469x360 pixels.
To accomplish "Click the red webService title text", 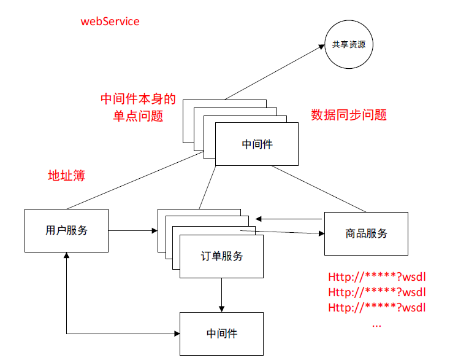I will (110, 22).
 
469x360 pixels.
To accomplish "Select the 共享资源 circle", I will (349, 44).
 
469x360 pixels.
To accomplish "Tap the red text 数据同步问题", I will (349, 115).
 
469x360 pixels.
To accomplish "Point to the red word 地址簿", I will (66, 176).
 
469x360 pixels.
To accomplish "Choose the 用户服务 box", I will (66, 230).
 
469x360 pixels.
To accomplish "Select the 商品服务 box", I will (366, 233).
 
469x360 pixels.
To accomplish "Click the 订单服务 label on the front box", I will (221, 256).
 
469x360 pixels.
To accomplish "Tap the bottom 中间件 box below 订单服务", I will (221, 334).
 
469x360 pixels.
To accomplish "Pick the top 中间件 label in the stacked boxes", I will (257, 144).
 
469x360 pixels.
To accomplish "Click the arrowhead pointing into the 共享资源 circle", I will (321, 46).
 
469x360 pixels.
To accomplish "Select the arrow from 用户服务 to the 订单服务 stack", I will (132, 231).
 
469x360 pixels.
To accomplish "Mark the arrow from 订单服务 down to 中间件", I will (221, 295).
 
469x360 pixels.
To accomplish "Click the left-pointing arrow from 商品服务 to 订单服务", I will (288, 218).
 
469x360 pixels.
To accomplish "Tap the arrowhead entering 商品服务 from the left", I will (320, 233).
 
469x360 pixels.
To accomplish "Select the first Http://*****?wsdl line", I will (376, 276).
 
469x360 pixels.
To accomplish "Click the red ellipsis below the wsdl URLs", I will (376, 323).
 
